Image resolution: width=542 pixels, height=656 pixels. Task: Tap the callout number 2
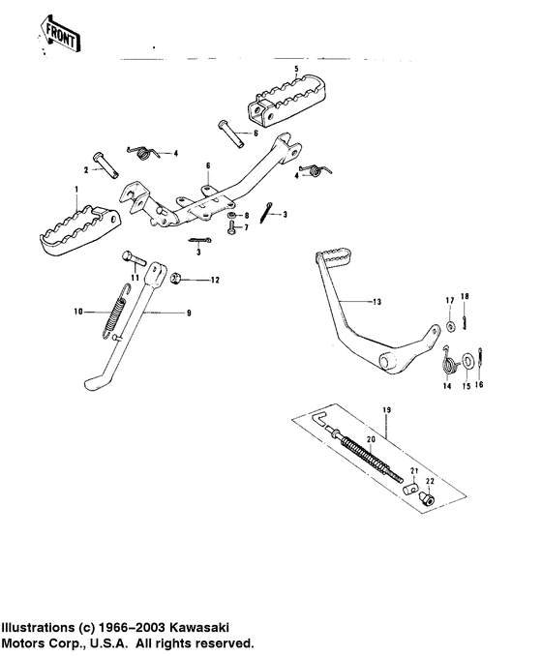pos(85,169)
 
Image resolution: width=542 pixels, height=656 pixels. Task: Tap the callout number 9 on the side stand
pos(188,313)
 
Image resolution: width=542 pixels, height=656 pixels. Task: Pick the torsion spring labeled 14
pos(449,365)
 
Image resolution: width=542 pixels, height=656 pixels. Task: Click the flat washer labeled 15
pos(468,362)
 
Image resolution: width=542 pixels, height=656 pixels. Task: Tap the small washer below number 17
pos(451,320)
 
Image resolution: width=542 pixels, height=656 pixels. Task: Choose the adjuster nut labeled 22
pos(428,500)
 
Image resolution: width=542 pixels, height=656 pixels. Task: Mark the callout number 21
pos(412,471)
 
